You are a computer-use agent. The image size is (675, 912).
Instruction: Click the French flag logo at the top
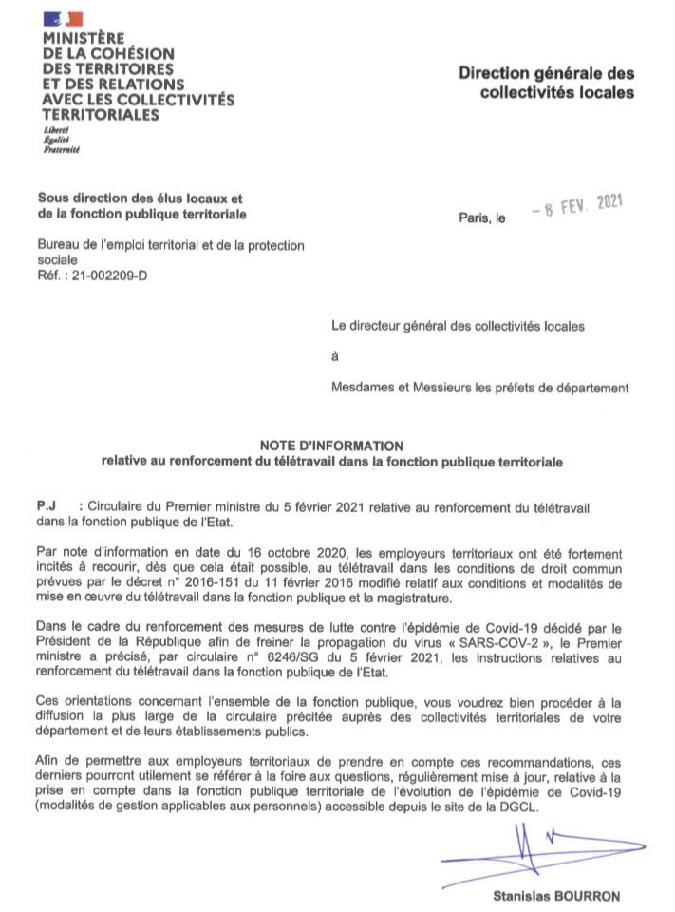coord(63,18)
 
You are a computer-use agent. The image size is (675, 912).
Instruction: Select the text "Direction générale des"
coord(547,73)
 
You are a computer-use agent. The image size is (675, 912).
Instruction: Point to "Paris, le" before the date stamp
coord(482,218)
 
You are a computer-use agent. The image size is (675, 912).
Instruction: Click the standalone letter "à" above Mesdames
coord(334,356)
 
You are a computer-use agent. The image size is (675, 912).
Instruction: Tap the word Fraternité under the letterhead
coord(61,149)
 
